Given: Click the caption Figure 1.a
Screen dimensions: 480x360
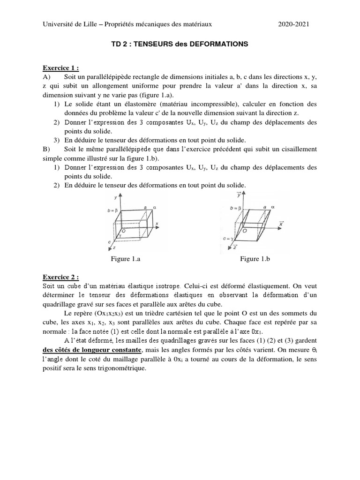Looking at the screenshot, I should tap(127, 259).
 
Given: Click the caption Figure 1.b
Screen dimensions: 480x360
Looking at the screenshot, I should tap(256, 259).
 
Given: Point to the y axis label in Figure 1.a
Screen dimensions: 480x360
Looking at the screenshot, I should tap(115, 197).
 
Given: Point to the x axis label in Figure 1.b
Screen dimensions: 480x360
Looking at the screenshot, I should tap(282, 225).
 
